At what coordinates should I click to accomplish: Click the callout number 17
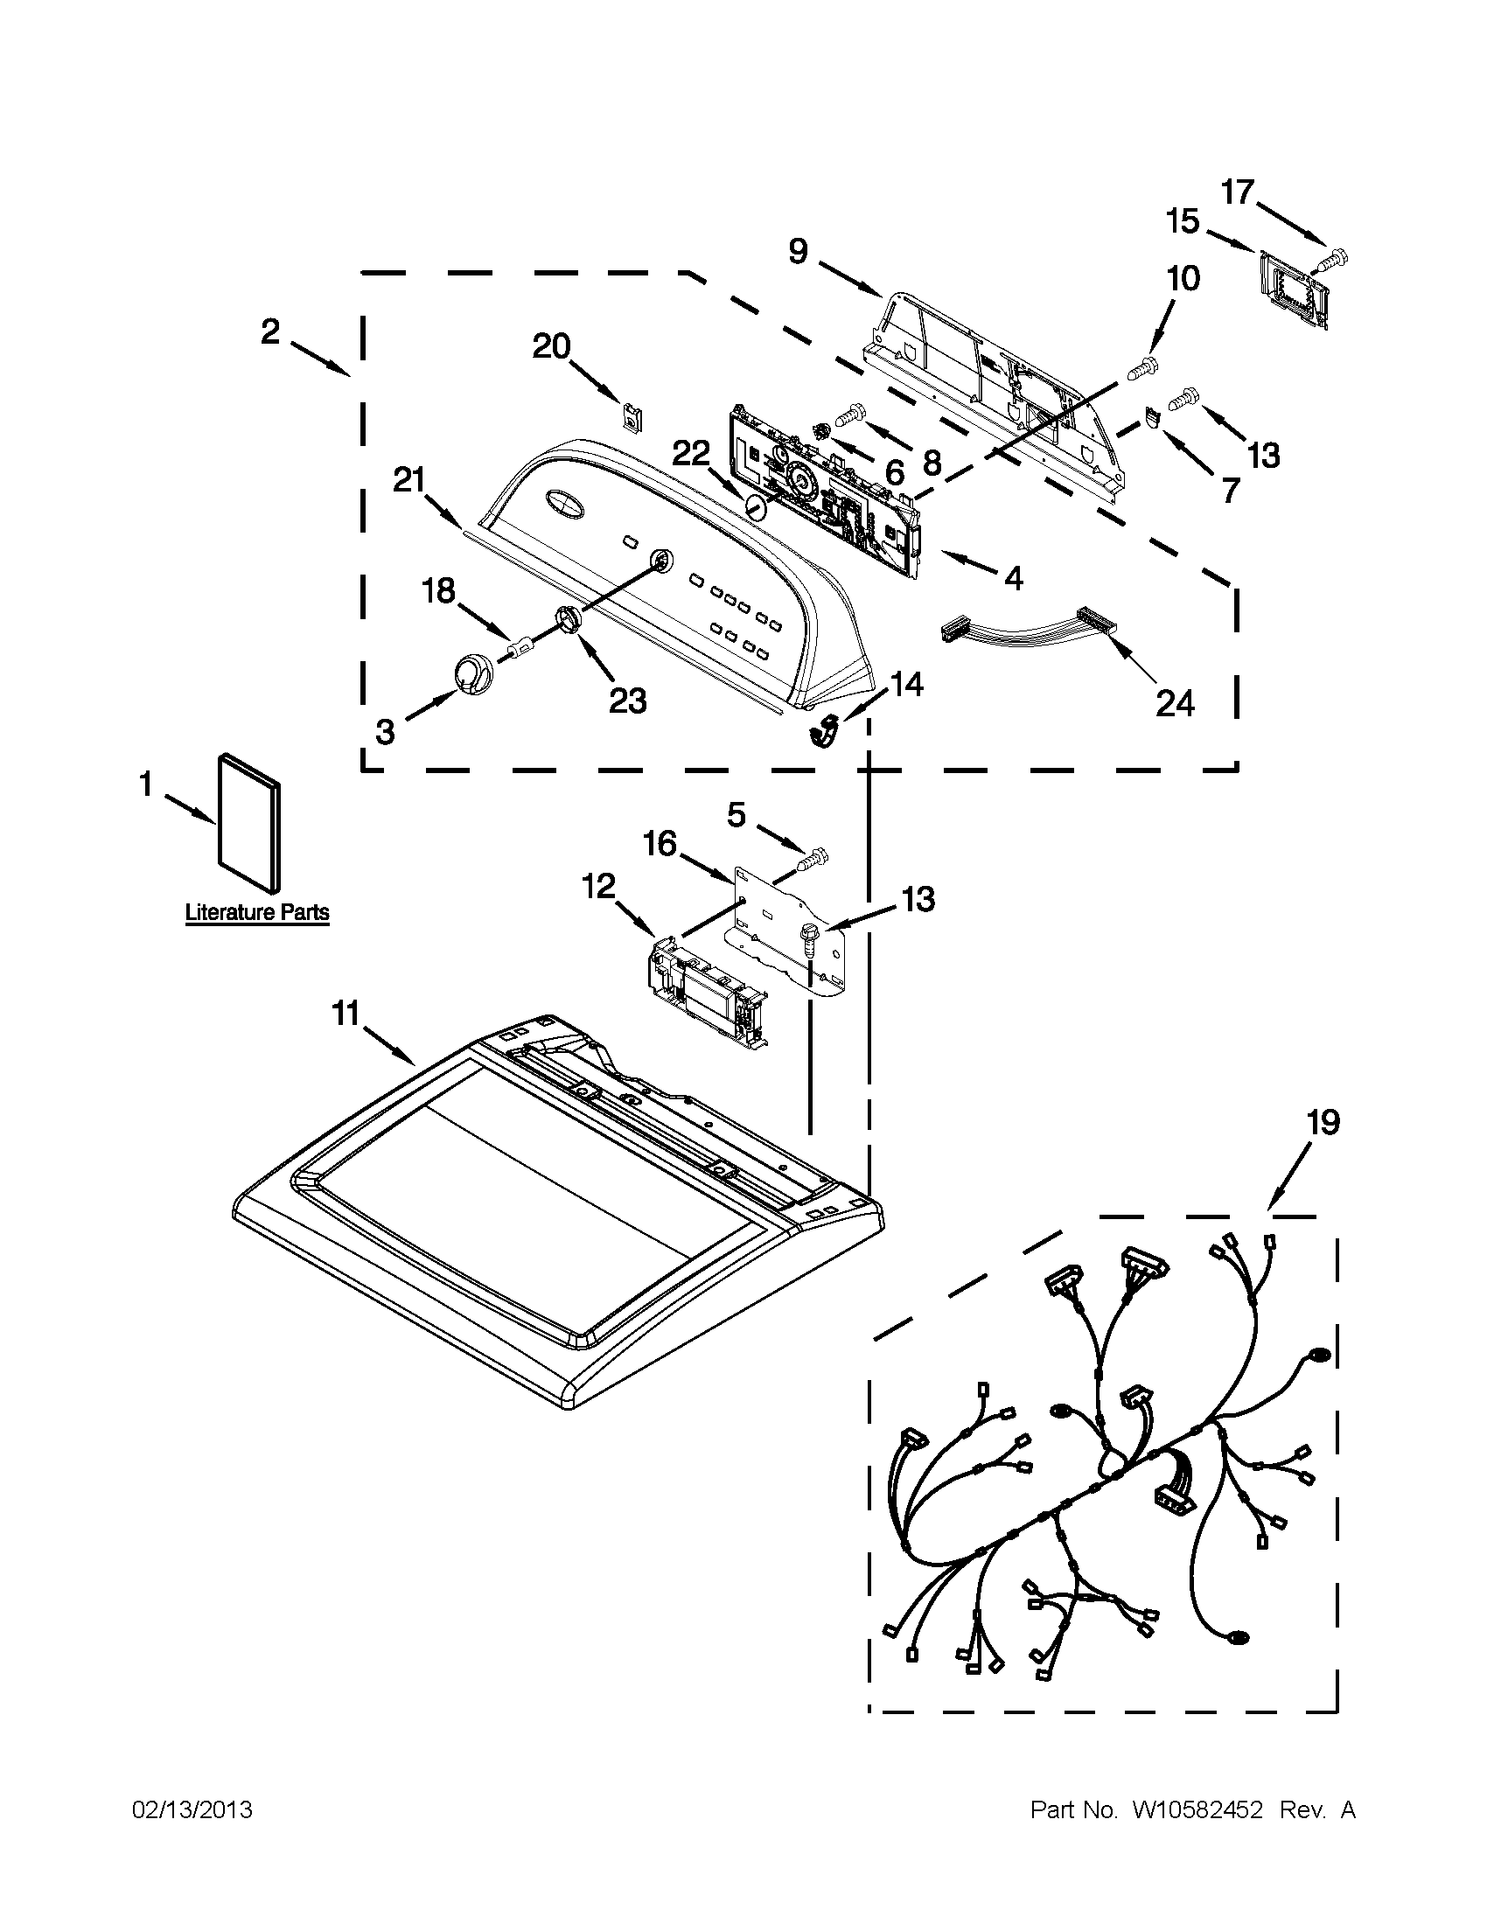click(1238, 192)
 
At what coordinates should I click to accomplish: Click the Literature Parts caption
click(256, 913)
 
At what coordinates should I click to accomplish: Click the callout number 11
click(345, 1014)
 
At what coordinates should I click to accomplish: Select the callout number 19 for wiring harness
click(1323, 1123)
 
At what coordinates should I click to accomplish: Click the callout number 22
click(691, 453)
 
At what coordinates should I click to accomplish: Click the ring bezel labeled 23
click(569, 618)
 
